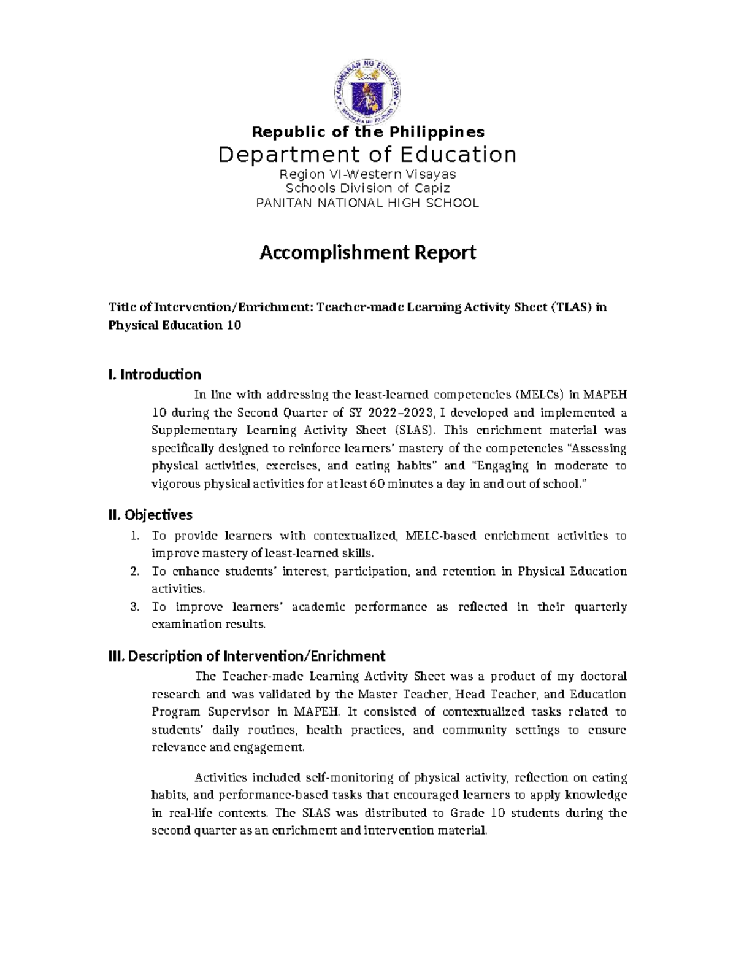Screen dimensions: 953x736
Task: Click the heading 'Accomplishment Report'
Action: click(368, 252)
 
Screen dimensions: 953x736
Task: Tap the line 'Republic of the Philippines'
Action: click(368, 132)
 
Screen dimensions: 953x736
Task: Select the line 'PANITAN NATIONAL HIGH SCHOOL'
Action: click(367, 203)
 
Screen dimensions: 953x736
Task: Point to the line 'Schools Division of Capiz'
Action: click(368, 188)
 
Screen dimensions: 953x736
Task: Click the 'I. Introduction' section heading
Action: click(155, 374)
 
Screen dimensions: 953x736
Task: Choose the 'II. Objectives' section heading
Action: click(150, 514)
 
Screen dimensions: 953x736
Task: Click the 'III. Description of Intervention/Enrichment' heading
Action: click(247, 656)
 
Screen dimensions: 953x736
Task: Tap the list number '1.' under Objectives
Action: click(135, 536)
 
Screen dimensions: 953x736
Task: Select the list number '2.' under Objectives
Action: click(135, 571)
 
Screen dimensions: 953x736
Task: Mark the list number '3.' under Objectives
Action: click(135, 607)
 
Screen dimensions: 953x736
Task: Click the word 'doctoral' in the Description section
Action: click(603, 676)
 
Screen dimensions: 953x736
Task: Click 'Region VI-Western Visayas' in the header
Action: click(368, 174)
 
